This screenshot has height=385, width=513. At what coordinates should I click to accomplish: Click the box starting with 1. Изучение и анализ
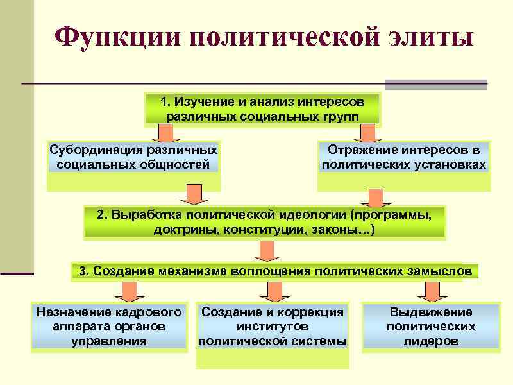tap(262, 109)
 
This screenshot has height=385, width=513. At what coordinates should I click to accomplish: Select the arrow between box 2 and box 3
tap(264, 251)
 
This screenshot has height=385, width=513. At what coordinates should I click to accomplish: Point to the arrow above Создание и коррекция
tap(275, 292)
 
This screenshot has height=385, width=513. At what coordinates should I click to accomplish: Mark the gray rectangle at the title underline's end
tap(436, 84)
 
